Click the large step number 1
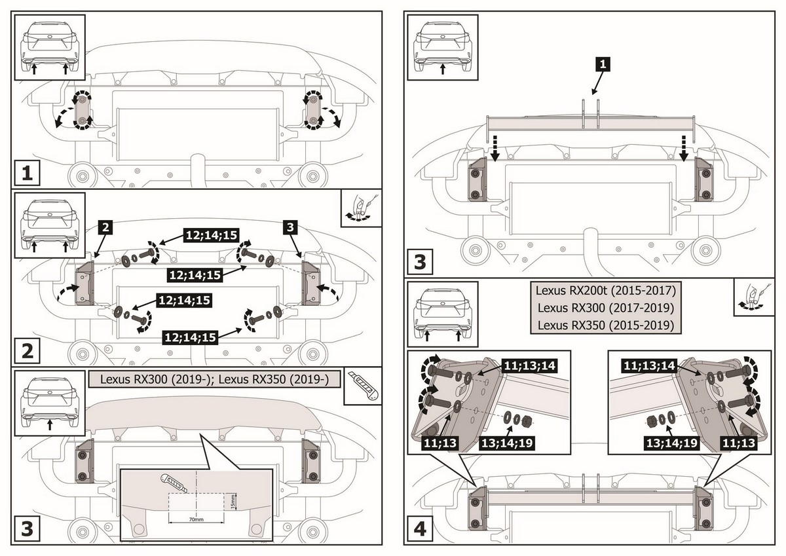[x=27, y=174]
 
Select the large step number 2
[x=27, y=350]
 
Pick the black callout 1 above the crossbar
[x=603, y=64]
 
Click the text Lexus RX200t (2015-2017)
[x=605, y=289]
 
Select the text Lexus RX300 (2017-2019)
[x=605, y=307]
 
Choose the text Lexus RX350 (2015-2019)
[x=605, y=325]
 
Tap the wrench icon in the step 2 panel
[x=361, y=208]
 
